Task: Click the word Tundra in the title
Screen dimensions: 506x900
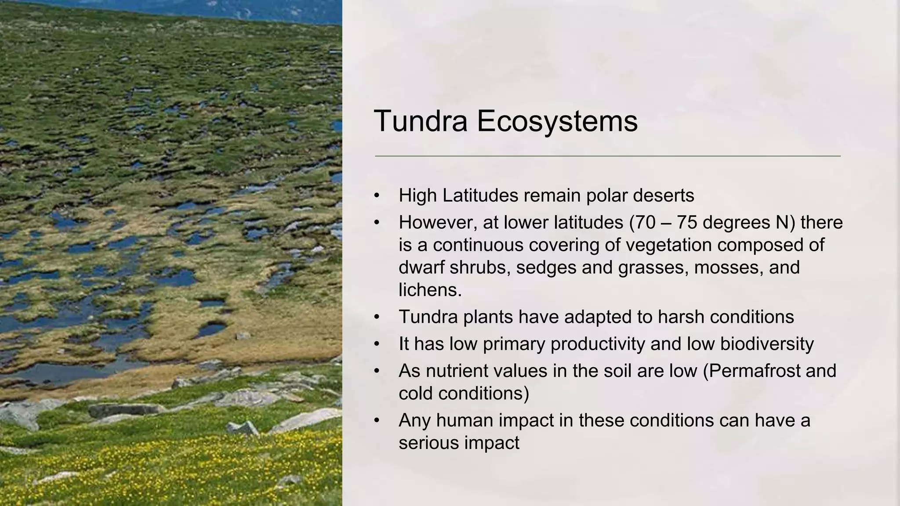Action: click(421, 121)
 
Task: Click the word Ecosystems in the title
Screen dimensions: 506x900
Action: click(557, 121)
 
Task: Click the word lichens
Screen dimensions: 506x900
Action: click(430, 290)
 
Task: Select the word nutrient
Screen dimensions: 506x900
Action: click(453, 371)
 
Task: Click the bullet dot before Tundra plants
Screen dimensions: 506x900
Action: click(377, 317)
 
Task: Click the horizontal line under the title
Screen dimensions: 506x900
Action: click(607, 156)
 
